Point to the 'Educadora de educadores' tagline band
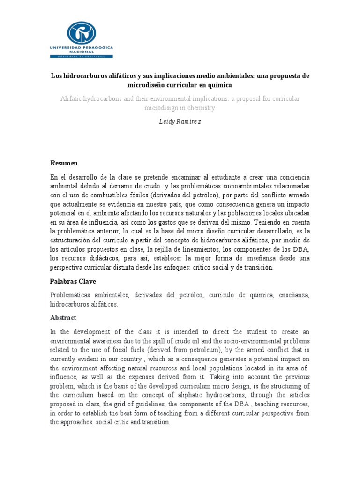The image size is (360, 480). point(81,57)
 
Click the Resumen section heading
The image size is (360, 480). point(64,163)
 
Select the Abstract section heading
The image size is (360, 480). point(63,318)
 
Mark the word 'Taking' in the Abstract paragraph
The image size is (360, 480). point(220,376)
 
